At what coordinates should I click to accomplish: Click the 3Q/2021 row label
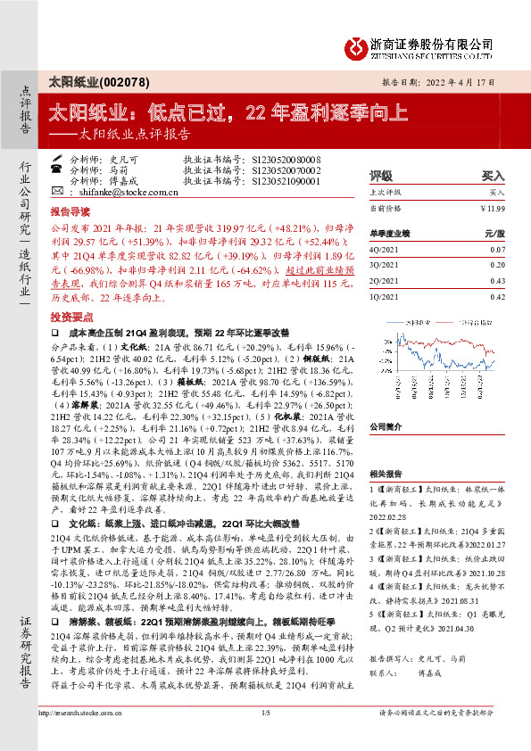[385, 264]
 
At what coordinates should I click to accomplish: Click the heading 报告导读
[70, 214]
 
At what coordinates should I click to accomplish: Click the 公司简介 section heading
[386, 426]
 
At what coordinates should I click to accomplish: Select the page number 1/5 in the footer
[265, 737]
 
